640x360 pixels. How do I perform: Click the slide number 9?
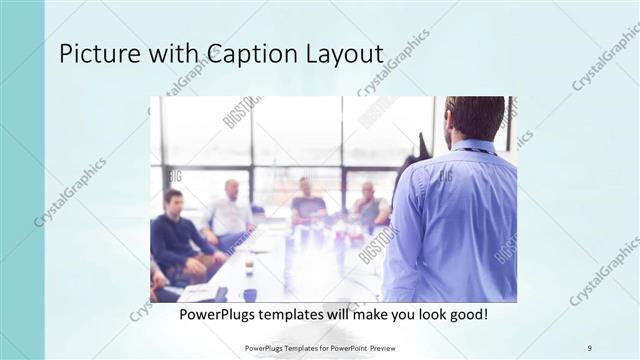click(590, 347)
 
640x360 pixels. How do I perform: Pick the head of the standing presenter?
click(474, 117)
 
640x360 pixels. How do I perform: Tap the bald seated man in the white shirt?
click(231, 210)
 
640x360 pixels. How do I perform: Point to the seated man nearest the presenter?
click(369, 205)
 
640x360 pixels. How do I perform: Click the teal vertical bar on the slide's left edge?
click(22, 180)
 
